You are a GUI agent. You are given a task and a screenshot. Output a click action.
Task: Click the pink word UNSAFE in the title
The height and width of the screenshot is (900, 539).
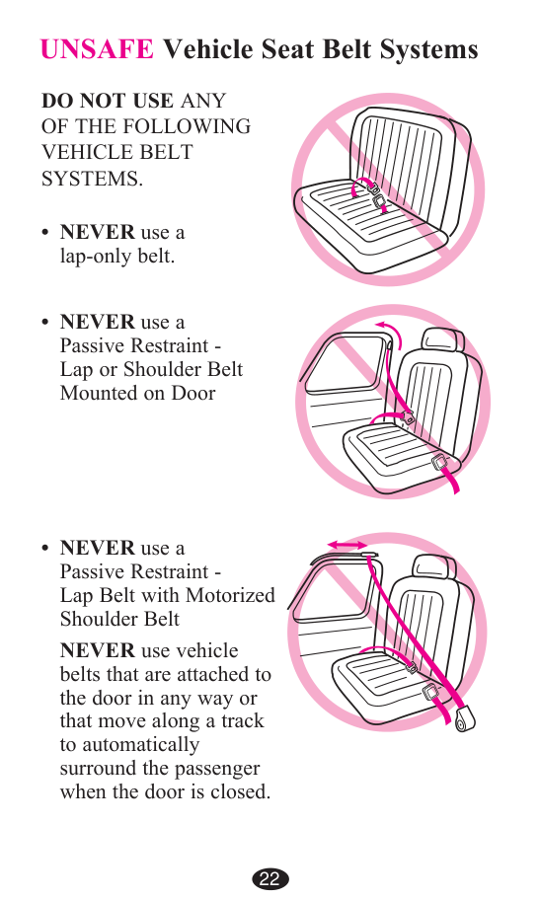coord(97,49)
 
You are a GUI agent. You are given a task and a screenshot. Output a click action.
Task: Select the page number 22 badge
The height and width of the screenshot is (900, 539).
coord(269,878)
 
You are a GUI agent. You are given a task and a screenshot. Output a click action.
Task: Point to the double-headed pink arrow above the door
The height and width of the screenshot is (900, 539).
coord(347,544)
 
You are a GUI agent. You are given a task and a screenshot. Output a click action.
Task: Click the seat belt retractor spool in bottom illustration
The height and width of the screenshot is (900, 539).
coord(464,719)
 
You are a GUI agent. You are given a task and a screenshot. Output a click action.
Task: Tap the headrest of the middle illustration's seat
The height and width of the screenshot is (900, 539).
coord(442,340)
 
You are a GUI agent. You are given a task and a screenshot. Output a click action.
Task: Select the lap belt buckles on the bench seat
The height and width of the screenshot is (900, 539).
coord(376,194)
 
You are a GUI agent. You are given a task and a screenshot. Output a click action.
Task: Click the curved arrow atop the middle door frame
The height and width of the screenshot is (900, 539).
coord(390,332)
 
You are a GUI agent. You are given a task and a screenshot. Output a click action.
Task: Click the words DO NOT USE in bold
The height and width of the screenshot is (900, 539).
coord(108,101)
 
